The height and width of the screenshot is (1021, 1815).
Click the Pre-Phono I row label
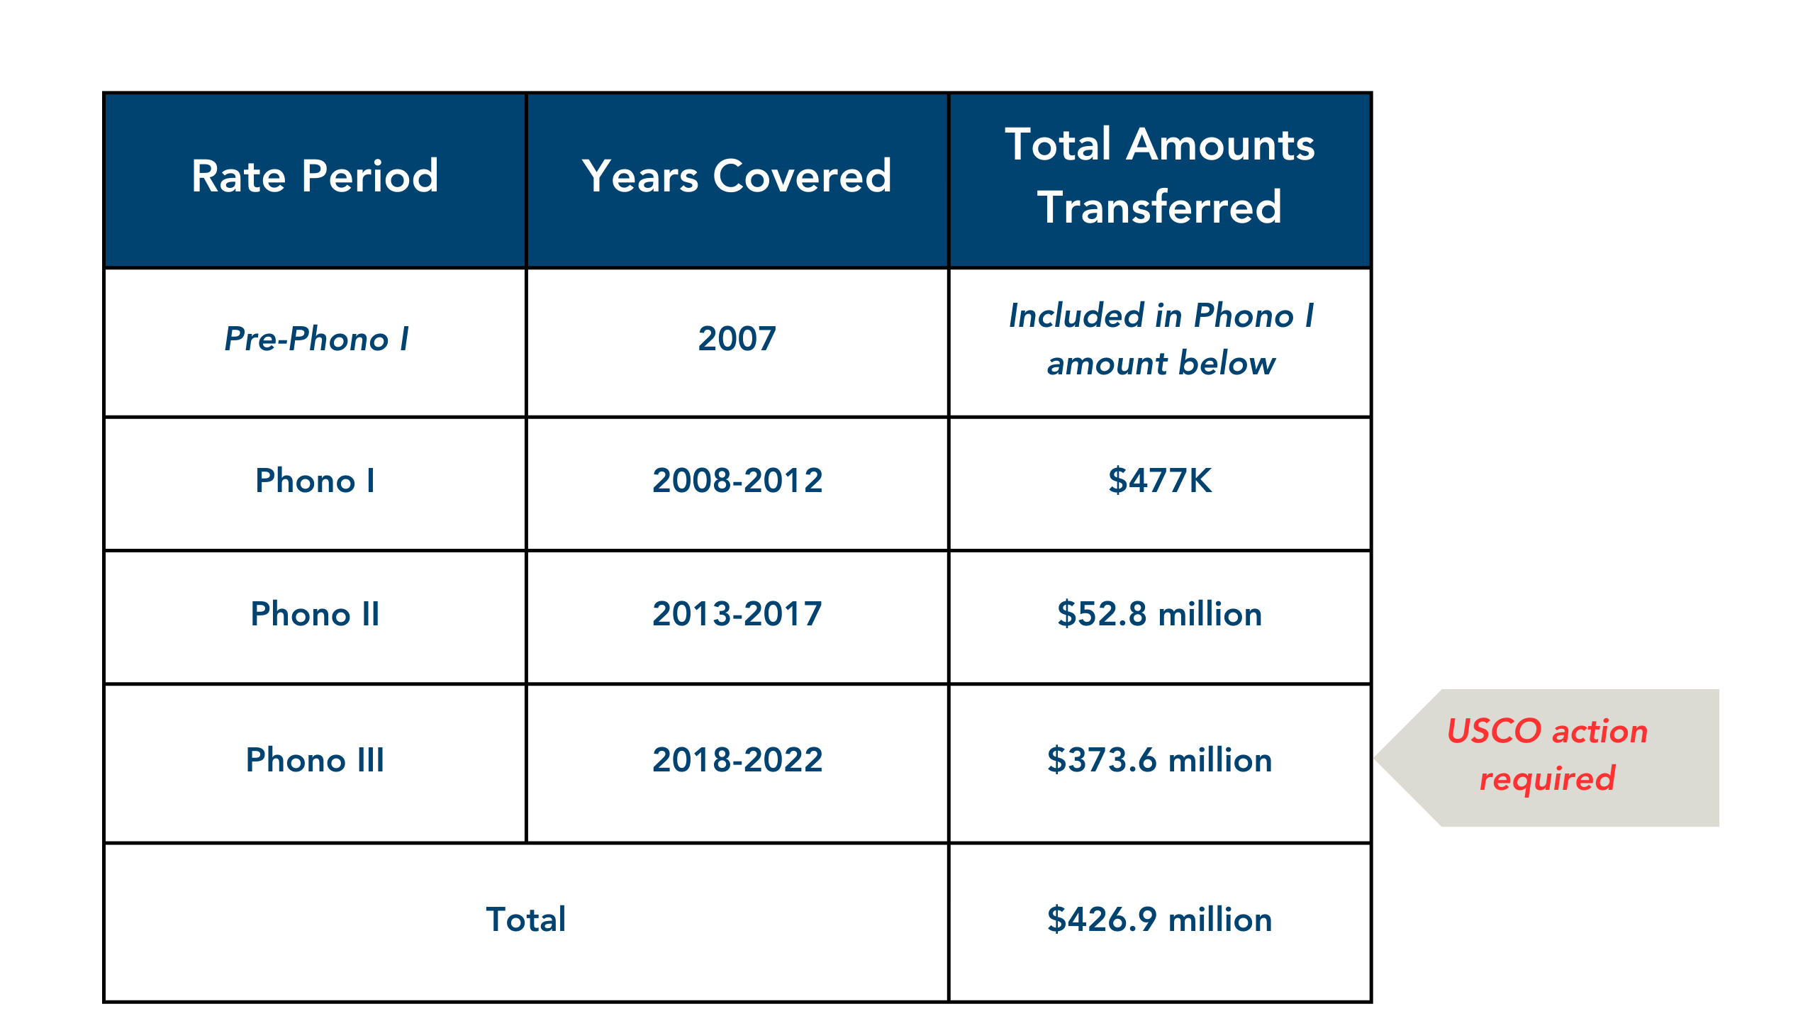point(316,339)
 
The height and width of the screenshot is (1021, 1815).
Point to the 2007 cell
point(737,339)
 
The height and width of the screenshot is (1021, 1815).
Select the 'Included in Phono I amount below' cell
point(1161,339)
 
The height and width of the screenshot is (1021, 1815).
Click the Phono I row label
point(315,481)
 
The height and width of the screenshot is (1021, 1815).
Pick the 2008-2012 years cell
point(737,481)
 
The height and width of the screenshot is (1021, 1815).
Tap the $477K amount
point(1160,481)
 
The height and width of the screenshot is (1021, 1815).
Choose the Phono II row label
point(315,614)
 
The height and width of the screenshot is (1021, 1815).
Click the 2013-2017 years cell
point(737,614)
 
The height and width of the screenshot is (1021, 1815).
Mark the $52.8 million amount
point(1160,614)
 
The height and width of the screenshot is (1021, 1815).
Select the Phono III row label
point(315,760)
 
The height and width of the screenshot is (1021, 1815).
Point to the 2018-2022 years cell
point(737,760)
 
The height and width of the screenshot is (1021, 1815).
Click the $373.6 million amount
point(1160,760)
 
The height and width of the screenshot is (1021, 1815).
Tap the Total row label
point(526,920)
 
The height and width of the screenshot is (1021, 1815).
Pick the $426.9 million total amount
point(1160,920)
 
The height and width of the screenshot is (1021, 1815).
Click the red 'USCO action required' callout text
point(1548,755)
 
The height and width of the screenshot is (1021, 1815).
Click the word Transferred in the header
point(1160,207)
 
